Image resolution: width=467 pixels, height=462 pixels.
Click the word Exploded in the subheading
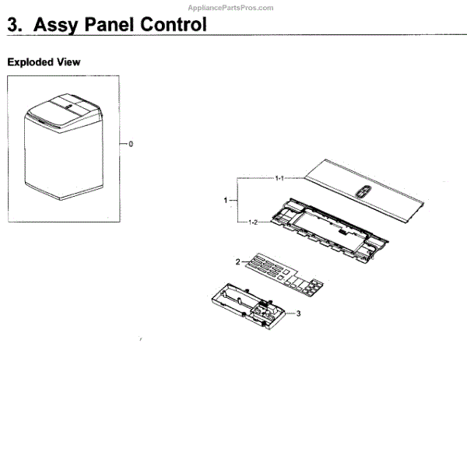pyautogui.click(x=30, y=61)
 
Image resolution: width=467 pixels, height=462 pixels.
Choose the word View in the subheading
pyautogui.click(x=68, y=61)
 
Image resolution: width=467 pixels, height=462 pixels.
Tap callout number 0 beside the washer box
pyautogui.click(x=131, y=144)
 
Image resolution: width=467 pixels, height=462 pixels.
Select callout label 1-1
pyautogui.click(x=278, y=179)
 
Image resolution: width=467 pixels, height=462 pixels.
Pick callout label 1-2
pyautogui.click(x=252, y=223)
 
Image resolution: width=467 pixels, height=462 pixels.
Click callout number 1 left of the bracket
pyautogui.click(x=225, y=201)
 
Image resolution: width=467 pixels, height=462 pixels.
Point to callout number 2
pyautogui.click(x=237, y=261)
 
